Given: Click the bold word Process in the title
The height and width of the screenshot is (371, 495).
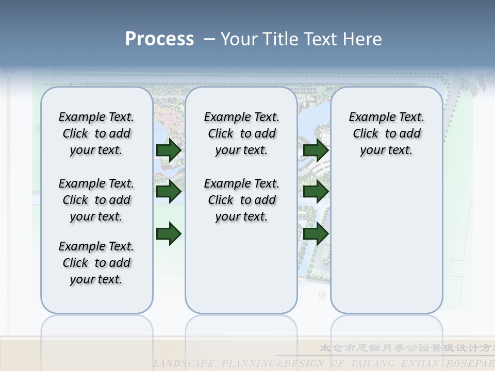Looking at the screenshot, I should coord(159,39).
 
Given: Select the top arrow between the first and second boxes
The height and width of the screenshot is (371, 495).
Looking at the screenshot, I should coord(169,150).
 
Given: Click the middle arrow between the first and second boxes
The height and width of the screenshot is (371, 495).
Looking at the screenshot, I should coord(169,192).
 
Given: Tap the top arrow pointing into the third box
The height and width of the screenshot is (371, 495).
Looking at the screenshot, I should coord(316,150).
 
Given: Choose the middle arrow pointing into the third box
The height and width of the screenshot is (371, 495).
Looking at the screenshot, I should coord(316,192).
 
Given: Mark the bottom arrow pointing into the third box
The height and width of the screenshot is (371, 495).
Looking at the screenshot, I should coord(316,233).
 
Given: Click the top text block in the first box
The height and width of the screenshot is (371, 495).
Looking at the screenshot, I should coord(96,133).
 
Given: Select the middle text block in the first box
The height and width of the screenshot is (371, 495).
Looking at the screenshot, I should coord(96,200).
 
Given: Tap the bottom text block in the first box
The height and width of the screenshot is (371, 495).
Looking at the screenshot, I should coord(96,263).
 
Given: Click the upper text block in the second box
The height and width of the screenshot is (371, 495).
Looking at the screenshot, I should coord(241,133).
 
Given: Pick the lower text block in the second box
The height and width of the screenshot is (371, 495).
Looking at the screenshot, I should coord(241,200).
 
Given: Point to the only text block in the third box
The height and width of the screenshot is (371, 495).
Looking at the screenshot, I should coord(386,133).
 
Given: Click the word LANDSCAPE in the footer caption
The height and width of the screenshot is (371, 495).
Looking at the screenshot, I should coord(184,364).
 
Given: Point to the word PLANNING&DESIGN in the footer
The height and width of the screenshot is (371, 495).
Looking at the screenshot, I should coord(273,364).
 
